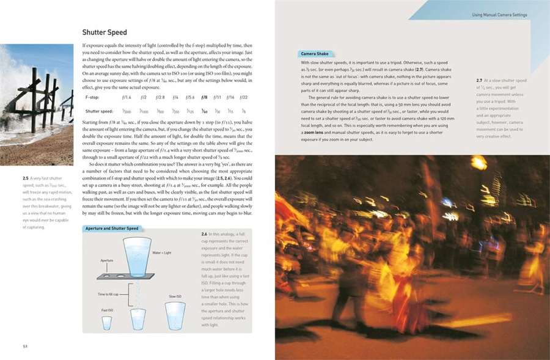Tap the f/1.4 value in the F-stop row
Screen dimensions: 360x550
127,97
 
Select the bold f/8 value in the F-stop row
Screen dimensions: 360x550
204,97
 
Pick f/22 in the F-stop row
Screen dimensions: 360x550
243,97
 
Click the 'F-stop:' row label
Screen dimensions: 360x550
94,97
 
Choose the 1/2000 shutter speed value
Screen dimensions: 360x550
127,112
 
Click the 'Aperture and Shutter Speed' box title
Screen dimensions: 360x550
112,229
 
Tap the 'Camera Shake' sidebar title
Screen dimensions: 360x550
315,54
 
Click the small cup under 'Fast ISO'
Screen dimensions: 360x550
107,322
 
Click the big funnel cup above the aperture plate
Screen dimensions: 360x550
137,252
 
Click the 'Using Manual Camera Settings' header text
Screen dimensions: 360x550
499,14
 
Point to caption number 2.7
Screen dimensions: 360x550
480,81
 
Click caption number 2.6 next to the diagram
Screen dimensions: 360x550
205,234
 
